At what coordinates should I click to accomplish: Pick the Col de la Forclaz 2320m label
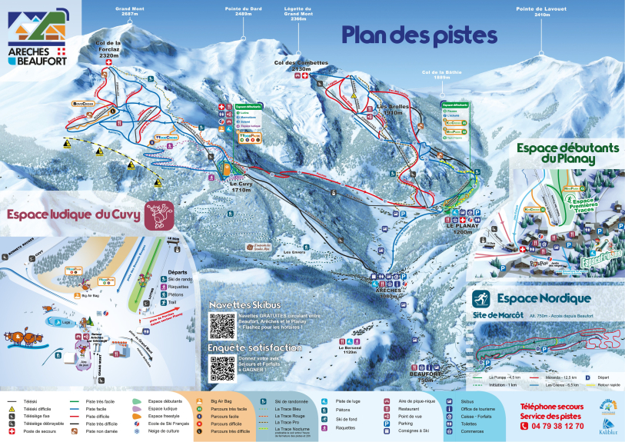pyautogui.click(x=108, y=49)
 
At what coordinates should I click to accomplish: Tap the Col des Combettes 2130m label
pyautogui.click(x=301, y=65)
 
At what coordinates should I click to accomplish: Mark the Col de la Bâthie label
pyautogui.click(x=436, y=75)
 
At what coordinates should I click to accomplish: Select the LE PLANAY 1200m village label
pyautogui.click(x=462, y=228)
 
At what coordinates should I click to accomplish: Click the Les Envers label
pyautogui.click(x=294, y=251)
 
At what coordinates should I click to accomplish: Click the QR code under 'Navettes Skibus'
pyautogui.click(x=222, y=325)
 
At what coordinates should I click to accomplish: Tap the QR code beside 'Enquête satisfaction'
pyautogui.click(x=222, y=367)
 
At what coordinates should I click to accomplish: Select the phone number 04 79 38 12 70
pyautogui.click(x=551, y=425)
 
